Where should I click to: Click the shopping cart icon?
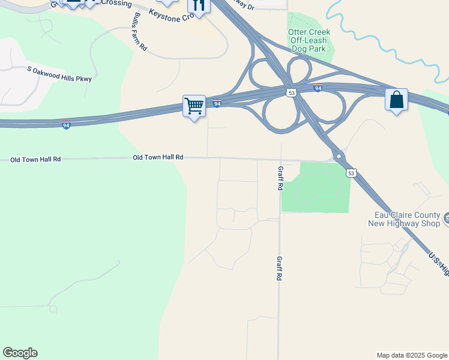pyautogui.click(x=194, y=107)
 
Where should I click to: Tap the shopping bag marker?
pyautogui.click(x=396, y=100)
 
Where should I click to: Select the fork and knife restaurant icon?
pyautogui.click(x=199, y=6)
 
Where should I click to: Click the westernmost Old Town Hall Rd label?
pyautogui.click(x=35, y=160)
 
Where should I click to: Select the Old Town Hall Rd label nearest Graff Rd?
pyautogui.click(x=157, y=157)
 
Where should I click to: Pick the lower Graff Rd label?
pyautogui.click(x=279, y=269)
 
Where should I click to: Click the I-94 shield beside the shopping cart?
pyautogui.click(x=217, y=104)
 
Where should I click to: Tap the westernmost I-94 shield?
pyautogui.click(x=66, y=125)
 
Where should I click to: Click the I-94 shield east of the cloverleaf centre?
pyautogui.click(x=318, y=88)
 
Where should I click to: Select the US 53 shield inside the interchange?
pyautogui.click(x=291, y=93)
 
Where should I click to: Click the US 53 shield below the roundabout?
pyautogui.click(x=351, y=173)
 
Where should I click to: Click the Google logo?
pyautogui.click(x=20, y=353)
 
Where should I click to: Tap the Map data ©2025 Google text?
pyautogui.click(x=412, y=355)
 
